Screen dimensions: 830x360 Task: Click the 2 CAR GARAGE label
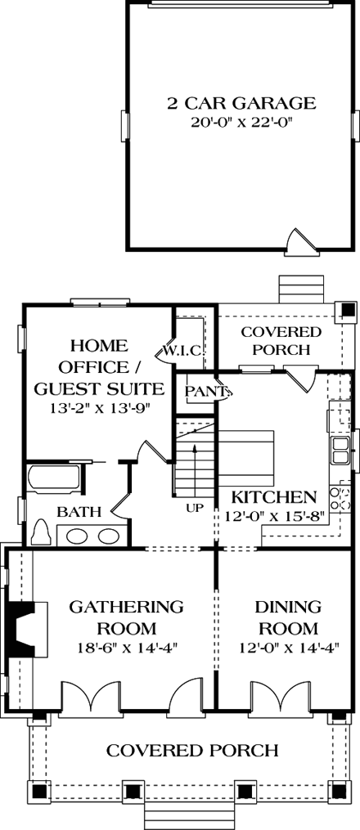[241, 103]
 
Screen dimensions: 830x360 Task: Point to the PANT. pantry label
[204, 392]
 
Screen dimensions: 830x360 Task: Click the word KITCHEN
[273, 497]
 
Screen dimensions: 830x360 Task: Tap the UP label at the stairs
[195, 508]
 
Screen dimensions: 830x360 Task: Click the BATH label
[79, 513]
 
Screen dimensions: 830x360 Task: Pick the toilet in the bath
[41, 533]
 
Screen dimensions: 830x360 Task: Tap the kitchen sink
[339, 448]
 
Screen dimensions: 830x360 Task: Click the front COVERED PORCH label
[193, 750]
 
